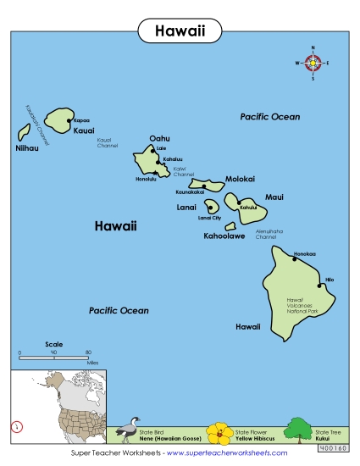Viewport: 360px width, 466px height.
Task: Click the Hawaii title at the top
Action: point(180,31)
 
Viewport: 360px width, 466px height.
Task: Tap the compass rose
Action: point(312,63)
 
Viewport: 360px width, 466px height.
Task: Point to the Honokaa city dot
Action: point(296,258)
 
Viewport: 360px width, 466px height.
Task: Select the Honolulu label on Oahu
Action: point(146,179)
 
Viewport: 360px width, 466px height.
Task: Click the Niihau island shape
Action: point(24,133)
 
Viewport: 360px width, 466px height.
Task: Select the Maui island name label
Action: point(274,197)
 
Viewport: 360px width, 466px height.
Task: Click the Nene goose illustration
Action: point(131,429)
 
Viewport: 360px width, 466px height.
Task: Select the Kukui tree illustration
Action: point(298,429)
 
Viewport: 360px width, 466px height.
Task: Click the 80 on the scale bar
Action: point(88,352)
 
